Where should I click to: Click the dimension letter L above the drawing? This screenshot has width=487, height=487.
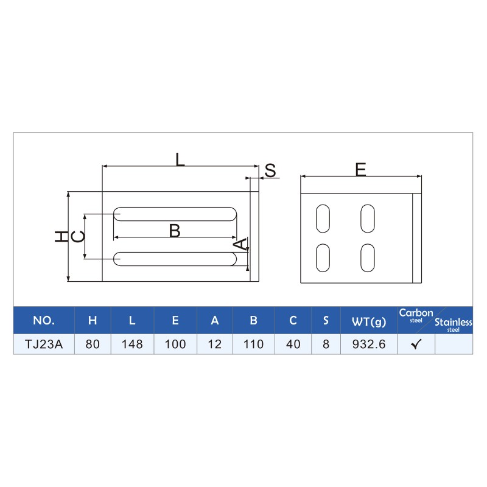point(180,159)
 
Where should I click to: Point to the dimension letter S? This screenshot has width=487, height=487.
point(270,170)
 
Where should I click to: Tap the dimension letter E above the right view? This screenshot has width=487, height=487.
point(360,170)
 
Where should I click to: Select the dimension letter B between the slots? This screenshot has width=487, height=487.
point(175,231)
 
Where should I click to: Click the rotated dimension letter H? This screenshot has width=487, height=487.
point(61,237)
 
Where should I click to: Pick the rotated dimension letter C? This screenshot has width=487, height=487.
point(79,237)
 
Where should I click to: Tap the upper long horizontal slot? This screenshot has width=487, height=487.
point(175,214)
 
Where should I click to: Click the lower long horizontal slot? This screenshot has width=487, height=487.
point(175,259)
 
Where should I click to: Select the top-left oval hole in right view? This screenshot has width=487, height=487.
point(323,219)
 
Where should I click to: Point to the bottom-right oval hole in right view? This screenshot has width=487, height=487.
point(368,258)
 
